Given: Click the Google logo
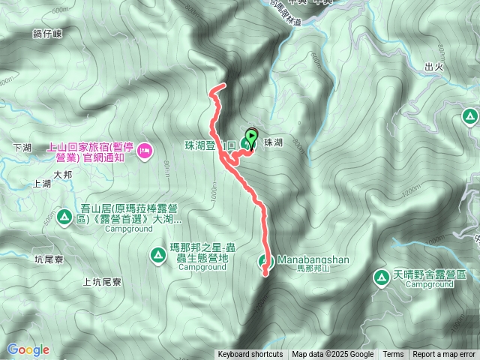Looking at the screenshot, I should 28,349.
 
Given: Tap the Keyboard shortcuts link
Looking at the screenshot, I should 250,355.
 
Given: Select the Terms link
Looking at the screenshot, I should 393,355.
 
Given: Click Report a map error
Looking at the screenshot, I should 445,355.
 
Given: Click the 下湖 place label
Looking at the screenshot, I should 22,148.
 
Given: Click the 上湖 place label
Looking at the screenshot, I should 42,183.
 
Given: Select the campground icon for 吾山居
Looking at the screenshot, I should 65,219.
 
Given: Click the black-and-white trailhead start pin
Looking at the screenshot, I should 251,138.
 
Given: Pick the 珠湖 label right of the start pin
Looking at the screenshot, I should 273,142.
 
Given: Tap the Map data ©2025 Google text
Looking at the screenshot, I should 333,355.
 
